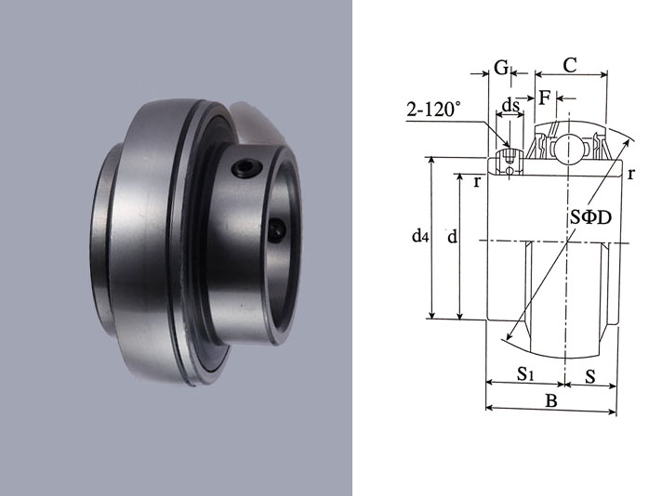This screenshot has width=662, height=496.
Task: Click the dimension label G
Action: coord(501,67)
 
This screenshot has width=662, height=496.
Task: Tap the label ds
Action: coord(510,103)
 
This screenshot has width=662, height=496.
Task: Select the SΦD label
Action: coord(589,215)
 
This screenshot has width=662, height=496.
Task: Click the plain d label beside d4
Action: coord(451,238)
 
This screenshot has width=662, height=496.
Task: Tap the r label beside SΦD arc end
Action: coord(631,174)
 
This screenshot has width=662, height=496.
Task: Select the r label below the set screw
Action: coord(477,181)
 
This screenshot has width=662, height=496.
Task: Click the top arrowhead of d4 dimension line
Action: coord(431,161)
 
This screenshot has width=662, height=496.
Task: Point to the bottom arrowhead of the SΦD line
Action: coord(507,337)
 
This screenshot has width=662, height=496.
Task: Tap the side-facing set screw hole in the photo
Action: coord(278,227)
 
